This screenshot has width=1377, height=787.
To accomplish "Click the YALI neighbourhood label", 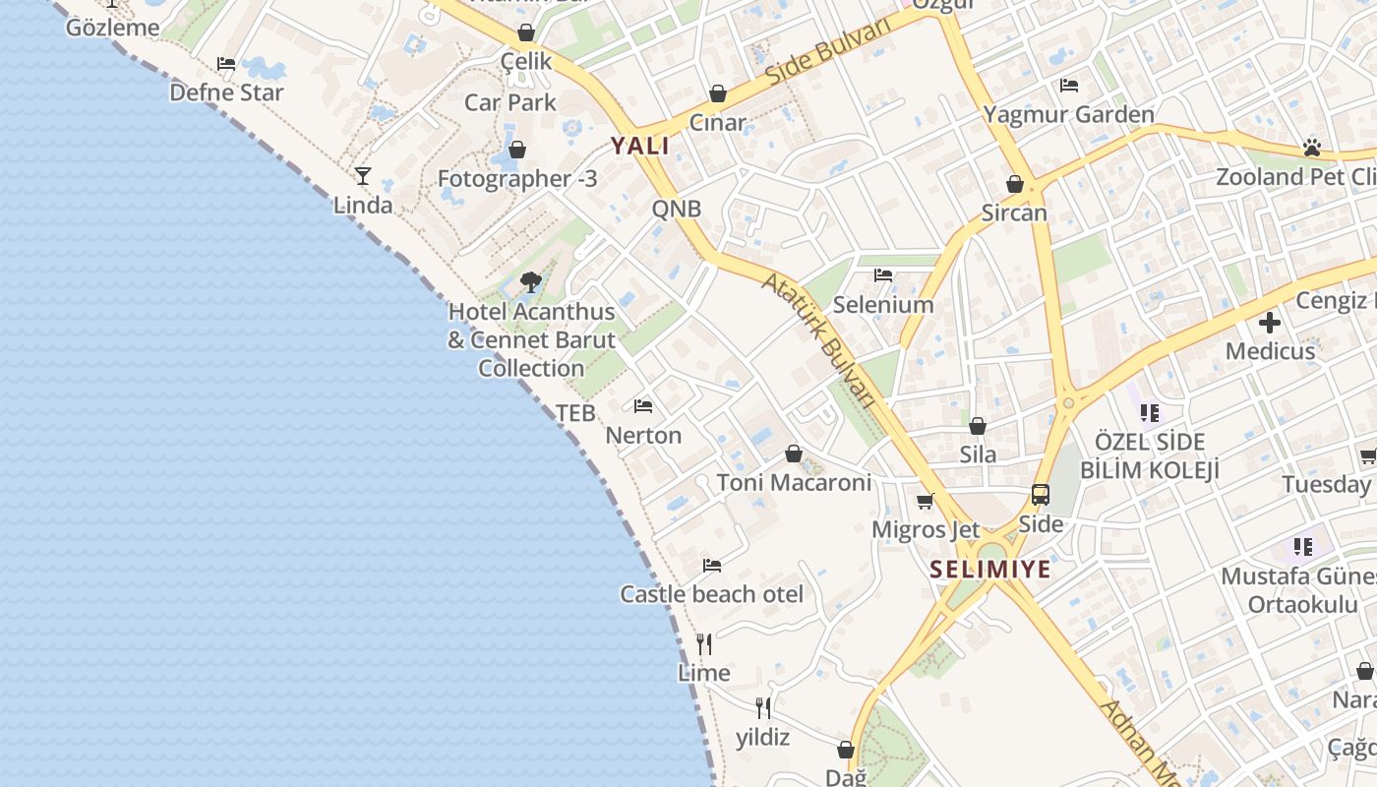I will (639, 147).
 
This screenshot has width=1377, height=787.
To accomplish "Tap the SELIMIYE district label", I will (990, 570).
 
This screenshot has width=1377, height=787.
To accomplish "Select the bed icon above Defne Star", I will (226, 64).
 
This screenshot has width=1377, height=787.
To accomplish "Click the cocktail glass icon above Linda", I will (363, 176).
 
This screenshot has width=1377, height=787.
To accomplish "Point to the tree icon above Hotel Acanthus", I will (531, 282).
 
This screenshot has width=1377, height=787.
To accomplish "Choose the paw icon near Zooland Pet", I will (1312, 148).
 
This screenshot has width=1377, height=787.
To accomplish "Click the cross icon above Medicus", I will (1270, 322).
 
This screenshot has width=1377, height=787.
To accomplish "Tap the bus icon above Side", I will (1041, 495).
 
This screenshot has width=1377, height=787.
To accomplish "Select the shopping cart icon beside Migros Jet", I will (925, 502).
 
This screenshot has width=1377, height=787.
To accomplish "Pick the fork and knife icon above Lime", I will (704, 644).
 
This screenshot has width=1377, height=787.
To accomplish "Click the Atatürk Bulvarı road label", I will (819, 339).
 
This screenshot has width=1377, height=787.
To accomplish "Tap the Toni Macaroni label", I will (794, 483).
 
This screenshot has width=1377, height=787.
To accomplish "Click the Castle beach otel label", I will (711, 594).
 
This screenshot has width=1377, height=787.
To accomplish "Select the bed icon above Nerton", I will (643, 405).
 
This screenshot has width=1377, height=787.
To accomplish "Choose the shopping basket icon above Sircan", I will (1015, 184).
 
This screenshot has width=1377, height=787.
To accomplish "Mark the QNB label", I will (677, 209).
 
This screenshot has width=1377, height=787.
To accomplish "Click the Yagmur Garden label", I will (1069, 115).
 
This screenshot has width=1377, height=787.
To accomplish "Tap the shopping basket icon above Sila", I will (978, 426).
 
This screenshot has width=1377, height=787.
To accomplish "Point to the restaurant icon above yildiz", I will (762, 707).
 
